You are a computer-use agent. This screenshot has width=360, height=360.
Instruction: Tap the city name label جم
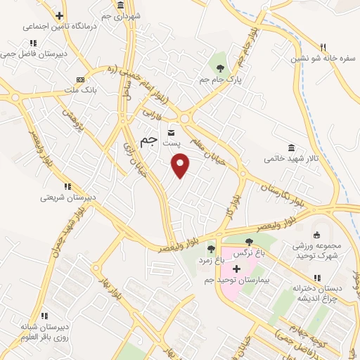point(149,141)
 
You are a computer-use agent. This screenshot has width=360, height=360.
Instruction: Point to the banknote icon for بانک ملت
point(79,79)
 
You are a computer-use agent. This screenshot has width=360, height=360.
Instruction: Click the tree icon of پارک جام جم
point(220,69)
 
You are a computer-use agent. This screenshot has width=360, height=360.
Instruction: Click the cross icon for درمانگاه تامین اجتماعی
point(59,15)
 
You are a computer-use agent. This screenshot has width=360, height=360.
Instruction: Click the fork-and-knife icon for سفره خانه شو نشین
point(323,46)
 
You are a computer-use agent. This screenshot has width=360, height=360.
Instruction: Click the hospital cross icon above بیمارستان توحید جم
point(236,269)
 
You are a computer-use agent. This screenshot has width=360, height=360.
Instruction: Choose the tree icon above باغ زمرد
point(210,249)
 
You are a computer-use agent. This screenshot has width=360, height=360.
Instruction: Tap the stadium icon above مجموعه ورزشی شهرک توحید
point(316,235)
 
